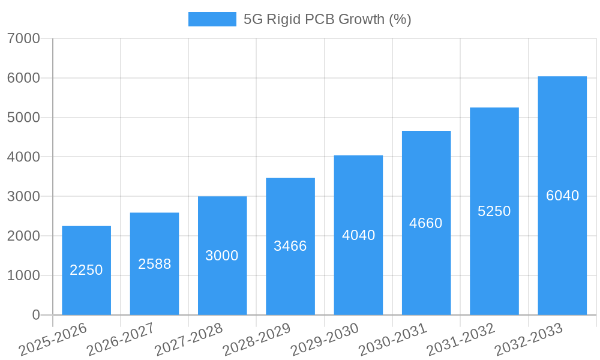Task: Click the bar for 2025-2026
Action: point(86,270)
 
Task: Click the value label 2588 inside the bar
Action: point(154,264)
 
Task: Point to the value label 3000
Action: point(222,256)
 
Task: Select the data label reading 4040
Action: point(358,235)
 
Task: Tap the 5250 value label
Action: point(494,211)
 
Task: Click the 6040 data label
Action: point(562,196)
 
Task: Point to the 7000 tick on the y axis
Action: point(23,39)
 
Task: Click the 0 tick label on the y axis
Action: point(35,315)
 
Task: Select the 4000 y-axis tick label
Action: point(23,157)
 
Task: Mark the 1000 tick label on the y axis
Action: point(23,275)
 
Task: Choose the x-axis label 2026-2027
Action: point(121,340)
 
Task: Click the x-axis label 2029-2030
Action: point(325,340)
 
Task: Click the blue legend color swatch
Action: point(212,19)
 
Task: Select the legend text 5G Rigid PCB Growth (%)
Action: point(327,19)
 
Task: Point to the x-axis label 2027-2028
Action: point(188,340)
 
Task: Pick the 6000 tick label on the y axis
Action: point(23,78)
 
